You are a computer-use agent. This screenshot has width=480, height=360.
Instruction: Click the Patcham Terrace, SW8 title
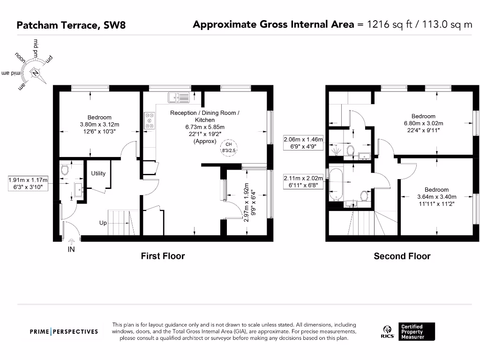71,25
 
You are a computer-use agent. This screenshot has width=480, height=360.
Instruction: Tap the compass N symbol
35,73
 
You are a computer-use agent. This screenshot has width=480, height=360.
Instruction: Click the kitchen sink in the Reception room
179,97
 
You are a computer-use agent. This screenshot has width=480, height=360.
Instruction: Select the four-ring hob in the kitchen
150,120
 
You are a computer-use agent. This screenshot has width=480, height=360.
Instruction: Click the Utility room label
98,173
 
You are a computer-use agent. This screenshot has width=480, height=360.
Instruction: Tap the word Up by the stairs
103,223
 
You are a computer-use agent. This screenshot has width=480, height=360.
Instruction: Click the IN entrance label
71,249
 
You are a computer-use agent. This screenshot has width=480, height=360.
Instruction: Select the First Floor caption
163,256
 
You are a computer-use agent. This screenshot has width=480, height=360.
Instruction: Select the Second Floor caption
402,256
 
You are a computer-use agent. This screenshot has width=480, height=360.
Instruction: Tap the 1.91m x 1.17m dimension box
28,183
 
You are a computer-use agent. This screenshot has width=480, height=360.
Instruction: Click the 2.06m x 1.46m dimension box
303,142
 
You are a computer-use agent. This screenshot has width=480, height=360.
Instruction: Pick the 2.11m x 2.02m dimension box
303,181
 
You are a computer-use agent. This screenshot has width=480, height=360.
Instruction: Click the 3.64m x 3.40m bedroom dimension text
436,197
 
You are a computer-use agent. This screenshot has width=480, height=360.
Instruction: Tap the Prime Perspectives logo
64,331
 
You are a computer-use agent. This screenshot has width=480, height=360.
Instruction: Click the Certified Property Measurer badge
416,331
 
